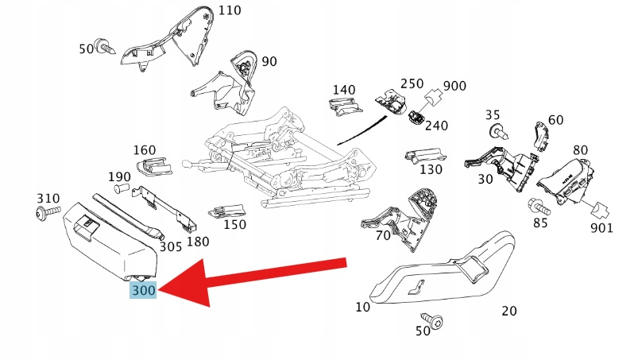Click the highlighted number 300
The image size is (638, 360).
coord(144,292)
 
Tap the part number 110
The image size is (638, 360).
coord(229,10)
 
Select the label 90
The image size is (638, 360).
coord(269,61)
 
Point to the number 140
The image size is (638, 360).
coord(344,89)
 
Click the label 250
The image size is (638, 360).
coord(412,83)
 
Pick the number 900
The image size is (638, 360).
coord(454,86)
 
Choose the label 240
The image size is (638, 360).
coord(435,125)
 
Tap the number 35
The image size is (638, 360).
coord(493,114)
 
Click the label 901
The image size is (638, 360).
coord(601,229)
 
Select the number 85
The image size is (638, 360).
coord(540,223)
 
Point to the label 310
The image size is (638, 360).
coord(48,197)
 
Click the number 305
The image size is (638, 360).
coord(170,246)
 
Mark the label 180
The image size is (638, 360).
coord(197,241)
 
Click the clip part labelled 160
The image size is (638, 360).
coord(153,166)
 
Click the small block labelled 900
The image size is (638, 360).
coord(434,99)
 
